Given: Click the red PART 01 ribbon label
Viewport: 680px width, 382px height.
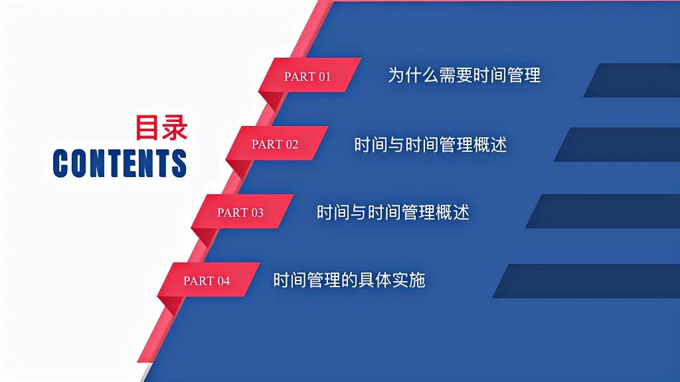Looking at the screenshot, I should (307, 76).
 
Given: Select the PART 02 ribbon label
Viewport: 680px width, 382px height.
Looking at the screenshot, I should (275, 144).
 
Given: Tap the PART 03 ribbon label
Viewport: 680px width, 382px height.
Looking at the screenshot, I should (240, 212).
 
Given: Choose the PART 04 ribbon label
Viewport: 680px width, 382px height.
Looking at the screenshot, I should (207, 281).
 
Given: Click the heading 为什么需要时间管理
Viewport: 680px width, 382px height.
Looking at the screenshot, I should (464, 75).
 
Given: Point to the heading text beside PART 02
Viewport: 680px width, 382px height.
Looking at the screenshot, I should (430, 144).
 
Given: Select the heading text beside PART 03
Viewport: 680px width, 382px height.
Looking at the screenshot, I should (393, 212).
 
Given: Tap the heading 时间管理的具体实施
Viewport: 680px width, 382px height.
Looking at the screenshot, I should (349, 280).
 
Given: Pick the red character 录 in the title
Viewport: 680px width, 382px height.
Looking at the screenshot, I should (175, 128).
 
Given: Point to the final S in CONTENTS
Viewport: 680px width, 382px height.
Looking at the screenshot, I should (179, 163).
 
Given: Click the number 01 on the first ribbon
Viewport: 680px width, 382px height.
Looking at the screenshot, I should (323, 76).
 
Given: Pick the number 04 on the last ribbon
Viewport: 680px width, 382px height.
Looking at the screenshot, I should (222, 281).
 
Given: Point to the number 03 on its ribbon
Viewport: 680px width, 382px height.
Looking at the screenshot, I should (256, 212).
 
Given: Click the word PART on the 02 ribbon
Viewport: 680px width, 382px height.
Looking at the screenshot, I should (267, 144).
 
